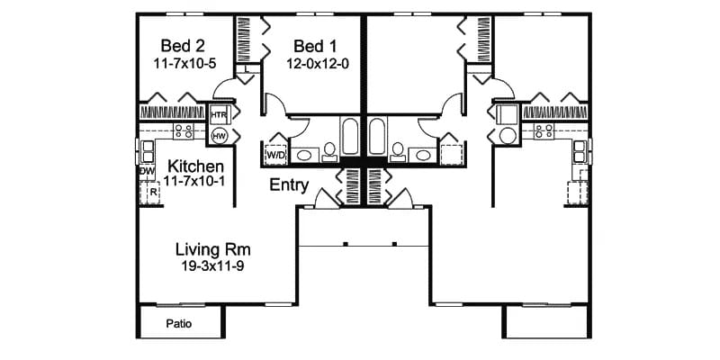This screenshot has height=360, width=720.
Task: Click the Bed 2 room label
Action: coord(182,45)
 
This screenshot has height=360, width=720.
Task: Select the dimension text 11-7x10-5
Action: coord(184,65)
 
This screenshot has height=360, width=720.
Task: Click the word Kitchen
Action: coord(195,166)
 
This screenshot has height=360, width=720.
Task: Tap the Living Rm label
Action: coord(212,248)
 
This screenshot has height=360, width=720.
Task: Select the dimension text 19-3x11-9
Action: coord(212,267)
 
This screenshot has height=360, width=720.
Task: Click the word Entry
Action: coord(290,186)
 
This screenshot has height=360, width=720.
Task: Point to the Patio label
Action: coord(181,323)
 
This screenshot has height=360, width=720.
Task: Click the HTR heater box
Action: coord(219,116)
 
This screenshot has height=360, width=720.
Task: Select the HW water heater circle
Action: coord(219,136)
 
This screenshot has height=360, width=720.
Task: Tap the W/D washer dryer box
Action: coord(274,155)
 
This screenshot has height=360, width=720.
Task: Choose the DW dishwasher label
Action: coord(147,170)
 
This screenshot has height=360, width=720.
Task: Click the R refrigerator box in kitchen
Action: coord(152,191)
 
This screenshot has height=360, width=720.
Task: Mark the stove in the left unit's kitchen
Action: coord(184,131)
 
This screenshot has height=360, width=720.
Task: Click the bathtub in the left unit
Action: coord(349,138)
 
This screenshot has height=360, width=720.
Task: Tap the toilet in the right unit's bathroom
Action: coord(397,150)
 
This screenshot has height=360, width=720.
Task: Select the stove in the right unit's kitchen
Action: coord(544,131)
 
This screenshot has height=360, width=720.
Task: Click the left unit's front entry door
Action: coord(326,196)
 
